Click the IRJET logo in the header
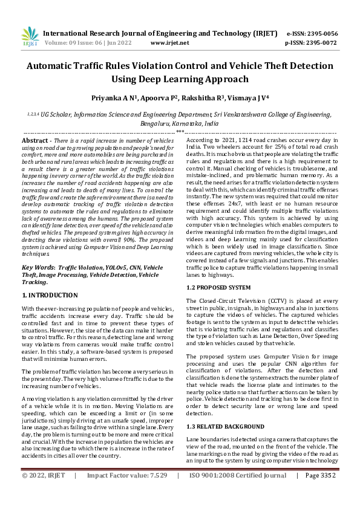tap(29, 37)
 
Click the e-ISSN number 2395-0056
tap(320, 34)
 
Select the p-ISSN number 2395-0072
tap(320, 44)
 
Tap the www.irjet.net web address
tap(169, 44)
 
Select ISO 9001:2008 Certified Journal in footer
tap(238, 493)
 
